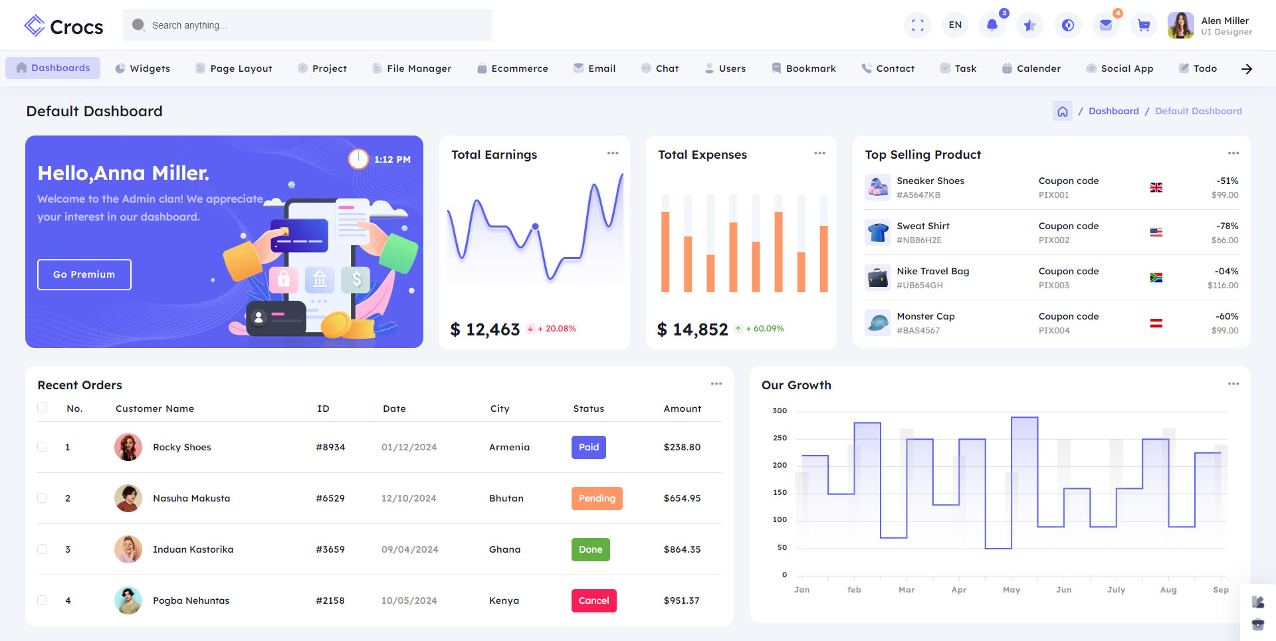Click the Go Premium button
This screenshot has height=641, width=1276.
84,274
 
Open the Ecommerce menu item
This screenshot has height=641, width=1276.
512,68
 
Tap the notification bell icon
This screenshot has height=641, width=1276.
992,25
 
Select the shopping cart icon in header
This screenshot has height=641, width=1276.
1143,25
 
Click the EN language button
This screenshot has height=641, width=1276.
955,25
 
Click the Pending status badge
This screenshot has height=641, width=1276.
596,498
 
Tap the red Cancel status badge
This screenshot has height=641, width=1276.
593,600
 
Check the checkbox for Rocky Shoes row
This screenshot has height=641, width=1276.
42,447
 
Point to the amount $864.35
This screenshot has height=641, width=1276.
682,549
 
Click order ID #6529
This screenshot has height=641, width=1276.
330,498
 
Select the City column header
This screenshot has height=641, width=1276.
500,409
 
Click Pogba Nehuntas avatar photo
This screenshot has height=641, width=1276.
128,600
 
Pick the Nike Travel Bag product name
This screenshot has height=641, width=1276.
932,271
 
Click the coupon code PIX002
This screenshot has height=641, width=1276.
1054,240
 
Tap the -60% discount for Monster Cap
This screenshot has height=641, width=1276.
1226,316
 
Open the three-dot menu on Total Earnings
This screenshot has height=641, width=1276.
612,153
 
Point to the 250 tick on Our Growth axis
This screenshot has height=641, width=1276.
780,438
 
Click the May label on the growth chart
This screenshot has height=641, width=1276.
1011,590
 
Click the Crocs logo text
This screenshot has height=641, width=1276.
76,27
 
